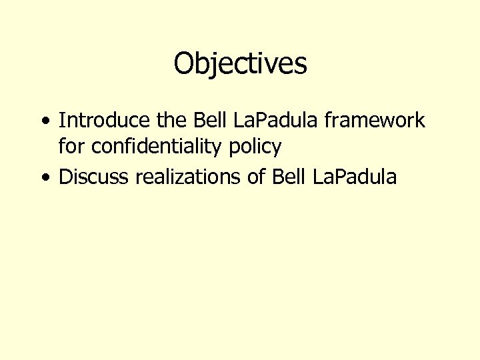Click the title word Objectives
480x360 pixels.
pyautogui.click(x=240, y=64)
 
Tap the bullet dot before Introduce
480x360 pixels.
pyautogui.click(x=44, y=121)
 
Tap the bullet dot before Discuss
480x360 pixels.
pyautogui.click(x=44, y=177)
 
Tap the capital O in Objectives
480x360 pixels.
pyautogui.click(x=184, y=64)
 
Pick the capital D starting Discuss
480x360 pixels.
pyautogui.click(x=65, y=177)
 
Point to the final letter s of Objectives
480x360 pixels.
pyautogui.click(x=301, y=65)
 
